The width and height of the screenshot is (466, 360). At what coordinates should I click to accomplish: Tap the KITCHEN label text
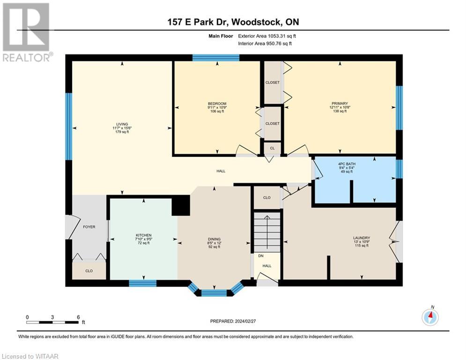click(143, 235)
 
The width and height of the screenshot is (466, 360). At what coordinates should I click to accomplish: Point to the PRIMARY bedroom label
click(340, 104)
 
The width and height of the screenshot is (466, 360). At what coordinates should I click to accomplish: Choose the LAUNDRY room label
click(361, 237)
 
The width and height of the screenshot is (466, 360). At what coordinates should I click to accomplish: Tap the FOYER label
click(89, 227)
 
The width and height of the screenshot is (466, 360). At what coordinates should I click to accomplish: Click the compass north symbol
click(429, 317)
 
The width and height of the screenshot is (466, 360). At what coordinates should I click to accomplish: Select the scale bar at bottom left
click(52, 322)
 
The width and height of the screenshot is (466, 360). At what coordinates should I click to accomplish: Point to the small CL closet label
click(272, 148)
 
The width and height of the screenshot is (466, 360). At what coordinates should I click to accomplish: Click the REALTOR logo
click(26, 32)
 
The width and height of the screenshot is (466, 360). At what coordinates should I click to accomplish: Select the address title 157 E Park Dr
click(233, 22)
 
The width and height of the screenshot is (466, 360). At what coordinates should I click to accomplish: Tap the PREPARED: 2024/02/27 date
click(233, 321)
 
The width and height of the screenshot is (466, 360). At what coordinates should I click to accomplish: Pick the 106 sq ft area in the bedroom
click(217, 112)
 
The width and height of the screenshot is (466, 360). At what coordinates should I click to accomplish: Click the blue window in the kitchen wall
click(142, 283)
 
